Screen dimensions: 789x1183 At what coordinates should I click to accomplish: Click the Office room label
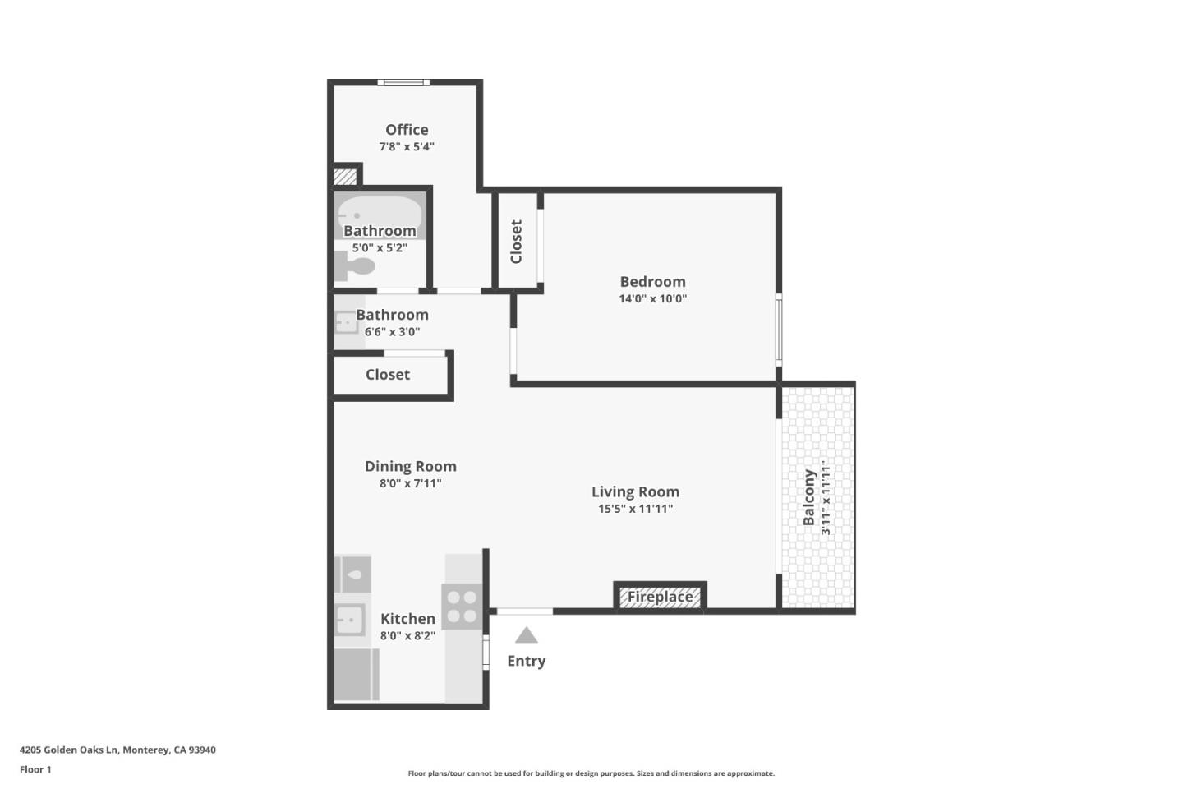tap(407, 130)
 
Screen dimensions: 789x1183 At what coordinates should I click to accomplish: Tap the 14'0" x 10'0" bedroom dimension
tap(652, 299)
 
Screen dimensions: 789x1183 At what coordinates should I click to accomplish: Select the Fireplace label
tap(660, 597)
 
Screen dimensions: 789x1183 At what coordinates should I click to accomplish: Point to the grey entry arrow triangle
tap(527, 635)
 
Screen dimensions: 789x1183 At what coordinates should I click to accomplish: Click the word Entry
tap(526, 661)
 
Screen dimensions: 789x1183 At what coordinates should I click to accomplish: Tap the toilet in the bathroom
tap(355, 266)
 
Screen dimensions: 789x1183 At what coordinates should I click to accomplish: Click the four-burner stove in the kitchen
tap(462, 607)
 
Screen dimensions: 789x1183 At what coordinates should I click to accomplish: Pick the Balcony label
tap(809, 497)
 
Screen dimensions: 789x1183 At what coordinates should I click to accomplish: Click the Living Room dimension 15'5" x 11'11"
tap(635, 509)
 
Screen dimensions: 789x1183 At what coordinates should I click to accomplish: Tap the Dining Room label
tap(410, 466)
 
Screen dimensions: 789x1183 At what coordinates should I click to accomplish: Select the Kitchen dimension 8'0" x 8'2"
tap(407, 635)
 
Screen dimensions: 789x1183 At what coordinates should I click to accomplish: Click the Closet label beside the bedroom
tap(517, 241)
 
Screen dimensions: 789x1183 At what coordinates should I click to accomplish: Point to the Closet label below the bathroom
tap(388, 375)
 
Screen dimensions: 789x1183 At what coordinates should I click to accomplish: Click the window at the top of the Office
tap(403, 82)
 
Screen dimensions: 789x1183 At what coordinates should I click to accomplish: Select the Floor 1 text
tap(35, 769)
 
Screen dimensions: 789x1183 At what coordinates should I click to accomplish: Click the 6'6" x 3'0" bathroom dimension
tap(392, 332)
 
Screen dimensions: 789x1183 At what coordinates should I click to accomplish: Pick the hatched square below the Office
tap(344, 177)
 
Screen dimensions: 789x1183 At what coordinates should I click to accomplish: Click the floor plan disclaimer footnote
tap(591, 773)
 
